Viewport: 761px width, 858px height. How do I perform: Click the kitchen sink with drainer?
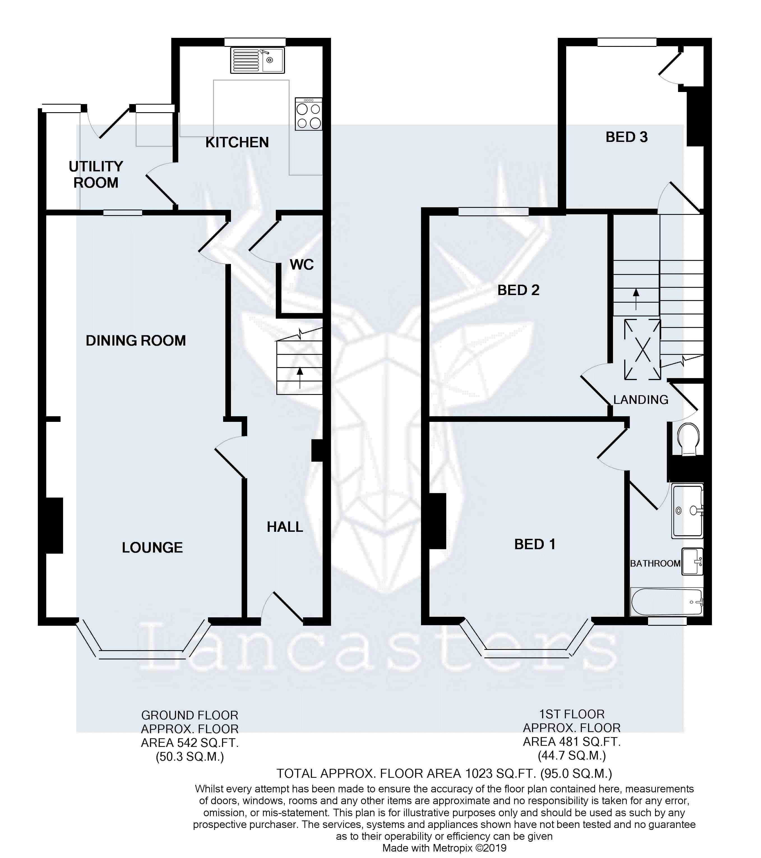tap(257, 60)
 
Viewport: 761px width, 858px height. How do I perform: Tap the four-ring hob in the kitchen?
tap(309, 114)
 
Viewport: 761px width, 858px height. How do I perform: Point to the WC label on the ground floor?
tap(302, 264)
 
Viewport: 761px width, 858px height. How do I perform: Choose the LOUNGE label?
tap(152, 548)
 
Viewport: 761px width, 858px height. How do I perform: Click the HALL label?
tap(285, 527)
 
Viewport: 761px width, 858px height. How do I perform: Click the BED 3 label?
tap(627, 137)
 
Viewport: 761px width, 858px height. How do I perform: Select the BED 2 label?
tap(519, 290)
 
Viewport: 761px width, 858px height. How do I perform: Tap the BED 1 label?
tap(535, 544)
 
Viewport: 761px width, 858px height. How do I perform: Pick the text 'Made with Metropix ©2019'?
tap(444, 848)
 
